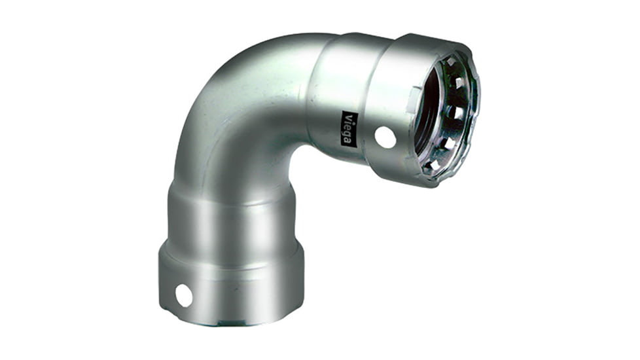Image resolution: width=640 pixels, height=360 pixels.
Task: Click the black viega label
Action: pos(347,128)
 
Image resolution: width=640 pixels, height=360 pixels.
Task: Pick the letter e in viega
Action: pos(347,127)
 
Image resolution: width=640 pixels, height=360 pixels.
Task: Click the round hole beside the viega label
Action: pos(385,137)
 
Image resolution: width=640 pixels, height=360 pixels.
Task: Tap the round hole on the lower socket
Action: pos(184,295)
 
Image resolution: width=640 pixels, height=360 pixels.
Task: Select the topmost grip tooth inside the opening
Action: pos(450,62)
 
